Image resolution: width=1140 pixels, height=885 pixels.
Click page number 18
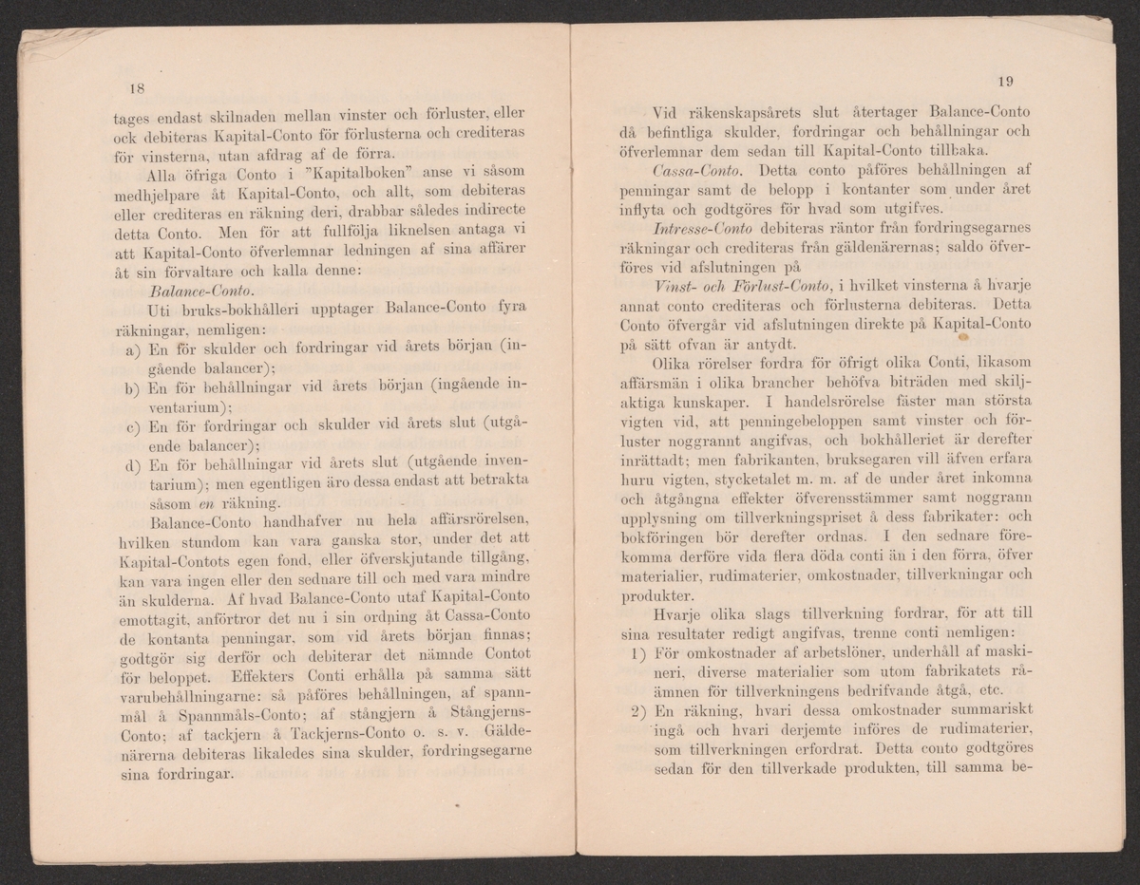(135, 88)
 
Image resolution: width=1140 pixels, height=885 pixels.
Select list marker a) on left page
(133, 349)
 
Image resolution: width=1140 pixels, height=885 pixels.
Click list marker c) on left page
(133, 425)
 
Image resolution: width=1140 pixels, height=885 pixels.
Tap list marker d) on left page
(133, 465)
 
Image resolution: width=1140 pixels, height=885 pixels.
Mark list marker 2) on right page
(638, 711)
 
